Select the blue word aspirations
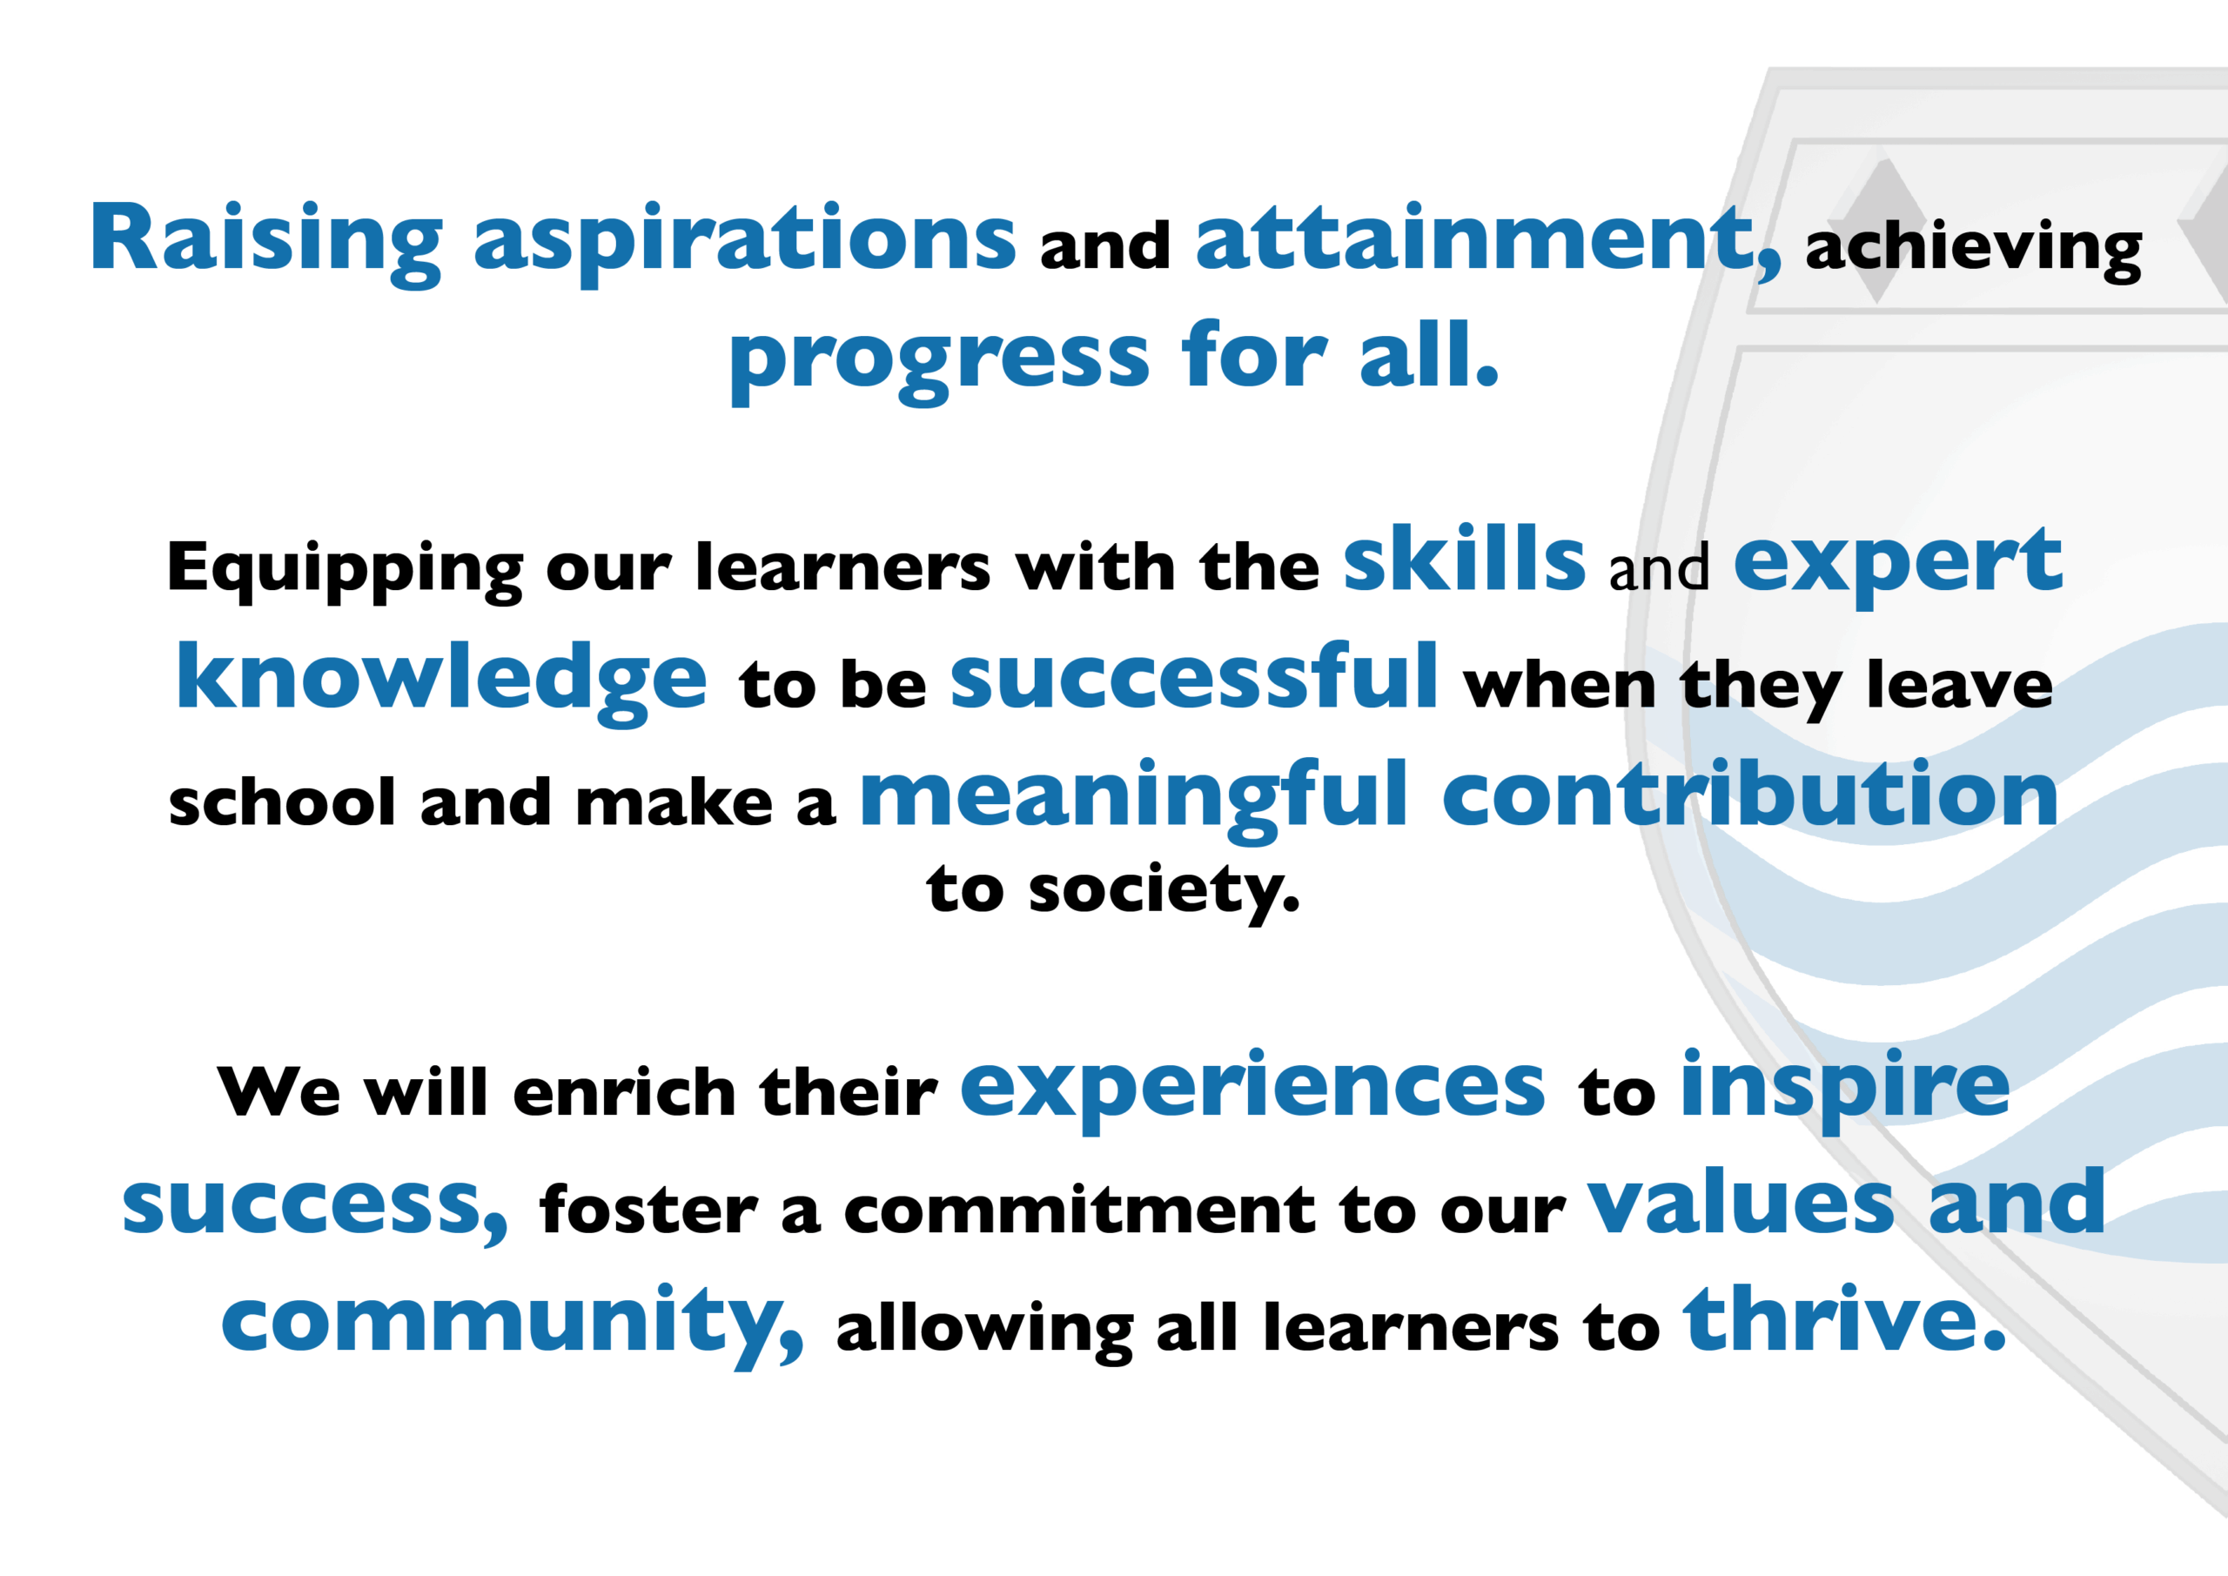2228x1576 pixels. [744, 243]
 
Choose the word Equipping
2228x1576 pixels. [345, 572]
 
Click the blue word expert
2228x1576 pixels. [1897, 565]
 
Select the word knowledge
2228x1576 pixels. [441, 682]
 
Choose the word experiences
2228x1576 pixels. [1252, 1090]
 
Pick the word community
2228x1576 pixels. [513, 1325]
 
